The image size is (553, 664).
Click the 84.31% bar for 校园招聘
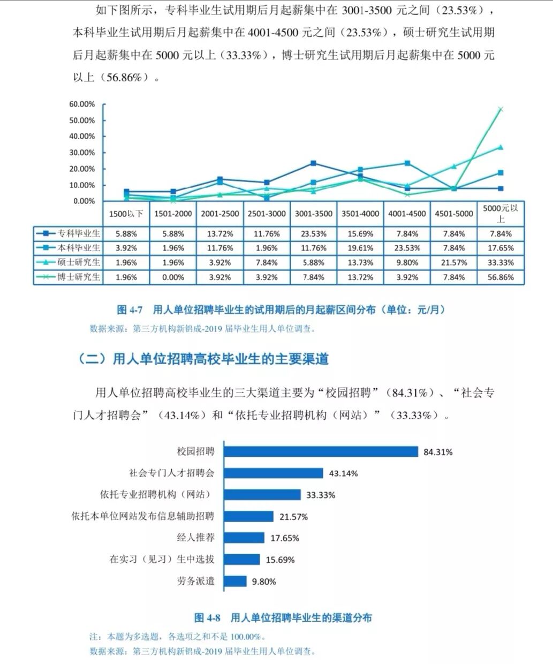[x=320, y=451]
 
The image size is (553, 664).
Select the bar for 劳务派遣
[x=235, y=581]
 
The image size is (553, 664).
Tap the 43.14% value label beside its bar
[x=343, y=473]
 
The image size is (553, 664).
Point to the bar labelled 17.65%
[x=244, y=538]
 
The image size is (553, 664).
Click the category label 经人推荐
[x=195, y=538]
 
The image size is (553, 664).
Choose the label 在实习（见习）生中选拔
[x=162, y=559]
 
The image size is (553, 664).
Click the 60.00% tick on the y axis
[x=82, y=104]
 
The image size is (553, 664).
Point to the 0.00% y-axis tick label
[x=84, y=201]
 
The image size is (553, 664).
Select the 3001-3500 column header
[x=313, y=214]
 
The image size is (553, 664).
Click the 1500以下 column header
[x=126, y=214]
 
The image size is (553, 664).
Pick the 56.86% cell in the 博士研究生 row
[x=501, y=277]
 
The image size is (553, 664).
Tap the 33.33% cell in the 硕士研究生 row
[x=501, y=262]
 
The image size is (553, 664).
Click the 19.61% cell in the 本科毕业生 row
[x=360, y=248]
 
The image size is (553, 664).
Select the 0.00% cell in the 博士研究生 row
[x=173, y=277]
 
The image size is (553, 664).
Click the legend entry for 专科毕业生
[x=68, y=233]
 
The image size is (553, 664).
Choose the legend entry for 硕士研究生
[x=68, y=262]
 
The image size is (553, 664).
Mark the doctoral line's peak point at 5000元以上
[x=501, y=109]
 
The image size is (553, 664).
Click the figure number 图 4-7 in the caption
[x=130, y=310]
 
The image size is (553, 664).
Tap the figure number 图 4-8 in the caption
[x=207, y=618]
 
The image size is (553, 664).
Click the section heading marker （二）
[x=92, y=359]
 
